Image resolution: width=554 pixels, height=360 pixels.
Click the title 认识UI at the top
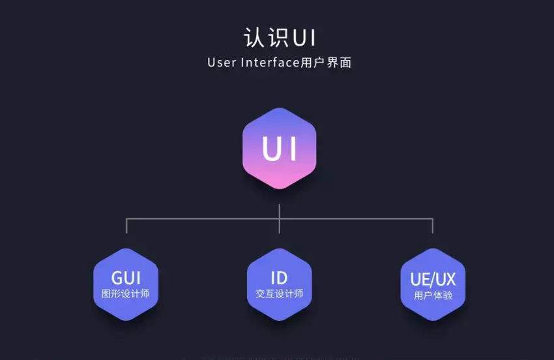(280, 37)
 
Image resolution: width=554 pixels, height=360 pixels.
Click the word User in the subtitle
(222, 63)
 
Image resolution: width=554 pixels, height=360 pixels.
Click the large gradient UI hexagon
(279, 149)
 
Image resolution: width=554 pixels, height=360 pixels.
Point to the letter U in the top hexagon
(269, 149)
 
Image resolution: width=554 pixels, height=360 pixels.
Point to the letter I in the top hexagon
(292, 149)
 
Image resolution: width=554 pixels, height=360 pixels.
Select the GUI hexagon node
(126, 284)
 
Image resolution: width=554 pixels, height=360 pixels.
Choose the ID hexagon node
(279, 284)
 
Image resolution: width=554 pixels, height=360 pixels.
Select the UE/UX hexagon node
(433, 284)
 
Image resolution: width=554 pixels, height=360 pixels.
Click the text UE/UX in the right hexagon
(433, 279)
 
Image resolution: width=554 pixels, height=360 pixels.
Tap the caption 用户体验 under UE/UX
(433, 295)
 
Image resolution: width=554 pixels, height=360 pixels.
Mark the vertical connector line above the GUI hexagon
(126, 226)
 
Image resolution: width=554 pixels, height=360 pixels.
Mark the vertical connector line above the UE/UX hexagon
(432, 226)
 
